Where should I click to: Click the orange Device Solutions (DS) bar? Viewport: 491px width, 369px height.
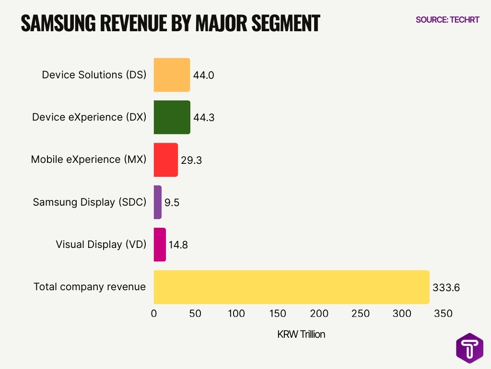tap(172, 75)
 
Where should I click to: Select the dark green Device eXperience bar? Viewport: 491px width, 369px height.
tap(172, 117)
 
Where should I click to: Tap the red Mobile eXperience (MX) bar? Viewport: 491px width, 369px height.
tap(166, 160)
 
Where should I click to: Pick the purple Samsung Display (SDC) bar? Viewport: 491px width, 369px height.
tap(158, 202)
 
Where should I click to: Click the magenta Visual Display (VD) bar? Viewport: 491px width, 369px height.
tap(160, 245)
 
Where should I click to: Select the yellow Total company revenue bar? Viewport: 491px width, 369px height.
tap(291, 287)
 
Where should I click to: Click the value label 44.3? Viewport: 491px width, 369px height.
tap(204, 118)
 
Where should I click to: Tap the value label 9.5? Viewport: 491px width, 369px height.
tap(172, 203)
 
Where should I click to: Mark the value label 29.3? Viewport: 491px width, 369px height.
tap(191, 160)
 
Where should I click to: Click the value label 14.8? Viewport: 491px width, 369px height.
tap(178, 245)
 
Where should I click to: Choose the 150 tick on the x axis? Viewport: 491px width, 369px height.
tap(278, 314)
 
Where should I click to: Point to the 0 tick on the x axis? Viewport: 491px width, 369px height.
tap(154, 314)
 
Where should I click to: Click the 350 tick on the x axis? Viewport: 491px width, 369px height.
tap(443, 314)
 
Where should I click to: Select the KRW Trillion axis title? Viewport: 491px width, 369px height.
tap(301, 334)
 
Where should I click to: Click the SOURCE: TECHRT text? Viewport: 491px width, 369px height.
tap(447, 20)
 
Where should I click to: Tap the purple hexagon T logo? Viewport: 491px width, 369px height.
tap(469, 348)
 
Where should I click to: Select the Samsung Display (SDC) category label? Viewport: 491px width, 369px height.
tap(89, 202)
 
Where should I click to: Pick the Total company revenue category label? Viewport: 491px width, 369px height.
tap(89, 287)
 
